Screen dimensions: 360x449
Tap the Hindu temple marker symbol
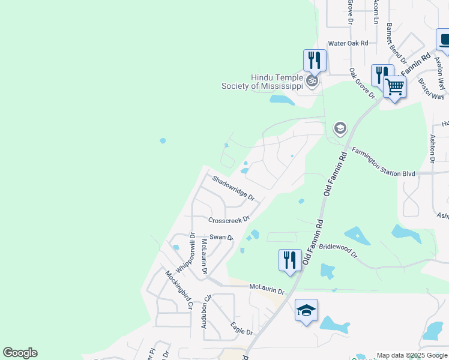(x=312, y=82)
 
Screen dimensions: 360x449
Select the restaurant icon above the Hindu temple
(x=314, y=60)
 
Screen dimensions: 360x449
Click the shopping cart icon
(x=394, y=87)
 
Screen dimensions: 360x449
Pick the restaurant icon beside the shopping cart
(x=381, y=75)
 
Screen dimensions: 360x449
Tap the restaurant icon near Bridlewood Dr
(x=290, y=260)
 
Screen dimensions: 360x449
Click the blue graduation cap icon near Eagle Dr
(x=306, y=310)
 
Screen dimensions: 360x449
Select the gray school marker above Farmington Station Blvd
(x=340, y=128)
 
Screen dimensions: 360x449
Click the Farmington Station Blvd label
(x=384, y=162)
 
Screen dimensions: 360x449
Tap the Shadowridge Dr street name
(x=234, y=187)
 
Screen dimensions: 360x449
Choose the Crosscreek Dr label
(x=229, y=220)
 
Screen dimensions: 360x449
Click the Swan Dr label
(x=221, y=238)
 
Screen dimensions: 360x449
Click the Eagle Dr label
(x=241, y=328)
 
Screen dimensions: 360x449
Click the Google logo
(x=20, y=353)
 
